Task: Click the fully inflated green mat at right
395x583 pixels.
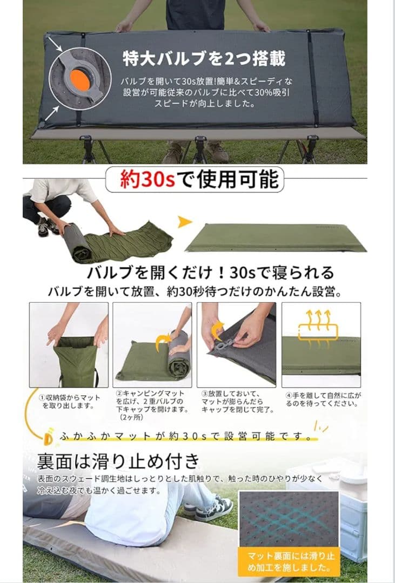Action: [275, 238]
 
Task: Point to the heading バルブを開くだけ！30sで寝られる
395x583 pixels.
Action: [210, 272]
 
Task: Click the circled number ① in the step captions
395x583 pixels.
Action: [42, 397]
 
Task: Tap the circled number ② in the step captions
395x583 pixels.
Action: [118, 395]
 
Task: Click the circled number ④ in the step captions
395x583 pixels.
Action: [289, 396]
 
